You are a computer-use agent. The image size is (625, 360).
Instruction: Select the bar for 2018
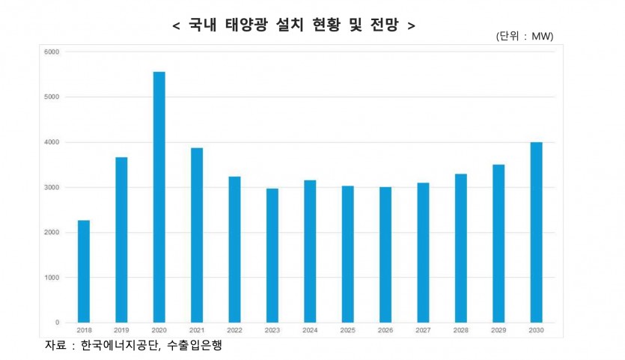pyautogui.click(x=83, y=271)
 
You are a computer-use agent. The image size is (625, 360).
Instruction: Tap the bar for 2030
pyautogui.click(x=536, y=232)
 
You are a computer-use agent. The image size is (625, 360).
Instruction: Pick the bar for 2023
pyautogui.click(x=272, y=255)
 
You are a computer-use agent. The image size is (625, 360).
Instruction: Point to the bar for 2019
pyautogui.click(x=121, y=240)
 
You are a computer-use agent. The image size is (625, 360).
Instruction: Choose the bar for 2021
pyautogui.click(x=196, y=235)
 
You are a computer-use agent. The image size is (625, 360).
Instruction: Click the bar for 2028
pyautogui.click(x=461, y=248)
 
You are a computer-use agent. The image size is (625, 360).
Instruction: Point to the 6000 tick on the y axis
pyautogui.click(x=52, y=52)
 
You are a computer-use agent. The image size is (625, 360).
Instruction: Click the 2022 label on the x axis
pyautogui.click(x=234, y=329)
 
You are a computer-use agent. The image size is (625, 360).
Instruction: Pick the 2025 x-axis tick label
pyautogui.click(x=347, y=329)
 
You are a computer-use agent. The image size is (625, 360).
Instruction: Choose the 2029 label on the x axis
pyautogui.click(x=499, y=329)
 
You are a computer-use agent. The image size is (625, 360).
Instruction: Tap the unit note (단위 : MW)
pyautogui.click(x=524, y=37)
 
